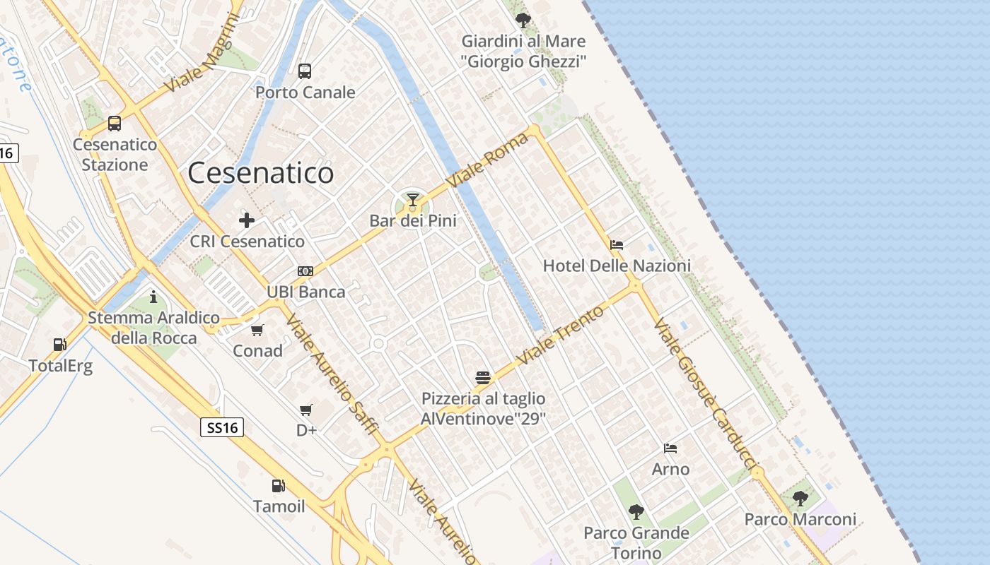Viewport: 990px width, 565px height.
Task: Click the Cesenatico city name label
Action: click(x=260, y=173)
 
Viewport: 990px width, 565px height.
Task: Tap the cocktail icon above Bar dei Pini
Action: click(x=413, y=200)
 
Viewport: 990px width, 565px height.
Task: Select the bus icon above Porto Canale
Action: click(x=305, y=71)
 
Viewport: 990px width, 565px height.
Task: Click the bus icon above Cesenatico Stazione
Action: click(x=115, y=124)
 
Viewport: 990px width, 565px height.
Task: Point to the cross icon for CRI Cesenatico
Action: click(x=247, y=220)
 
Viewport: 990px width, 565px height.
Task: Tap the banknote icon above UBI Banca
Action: click(x=305, y=271)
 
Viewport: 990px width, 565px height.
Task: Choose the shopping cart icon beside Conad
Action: click(x=257, y=330)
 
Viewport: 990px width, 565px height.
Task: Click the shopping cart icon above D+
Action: click(x=306, y=410)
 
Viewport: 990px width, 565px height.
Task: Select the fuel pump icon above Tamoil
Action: click(x=279, y=486)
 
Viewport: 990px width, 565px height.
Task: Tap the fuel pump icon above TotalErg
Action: click(x=60, y=345)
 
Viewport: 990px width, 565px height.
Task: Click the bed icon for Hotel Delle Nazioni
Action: click(x=617, y=245)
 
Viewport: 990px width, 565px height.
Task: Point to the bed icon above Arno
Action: click(x=670, y=448)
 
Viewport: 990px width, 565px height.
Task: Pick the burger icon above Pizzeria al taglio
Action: click(x=483, y=378)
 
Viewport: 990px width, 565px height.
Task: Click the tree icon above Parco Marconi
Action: click(x=800, y=499)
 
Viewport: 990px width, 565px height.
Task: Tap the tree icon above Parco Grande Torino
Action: click(x=636, y=511)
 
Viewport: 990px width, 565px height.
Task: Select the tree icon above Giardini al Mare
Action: click(x=523, y=20)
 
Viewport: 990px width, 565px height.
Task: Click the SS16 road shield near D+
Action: click(x=222, y=427)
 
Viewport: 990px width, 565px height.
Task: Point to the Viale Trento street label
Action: click(x=561, y=335)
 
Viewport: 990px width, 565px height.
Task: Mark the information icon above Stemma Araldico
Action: click(x=153, y=297)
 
